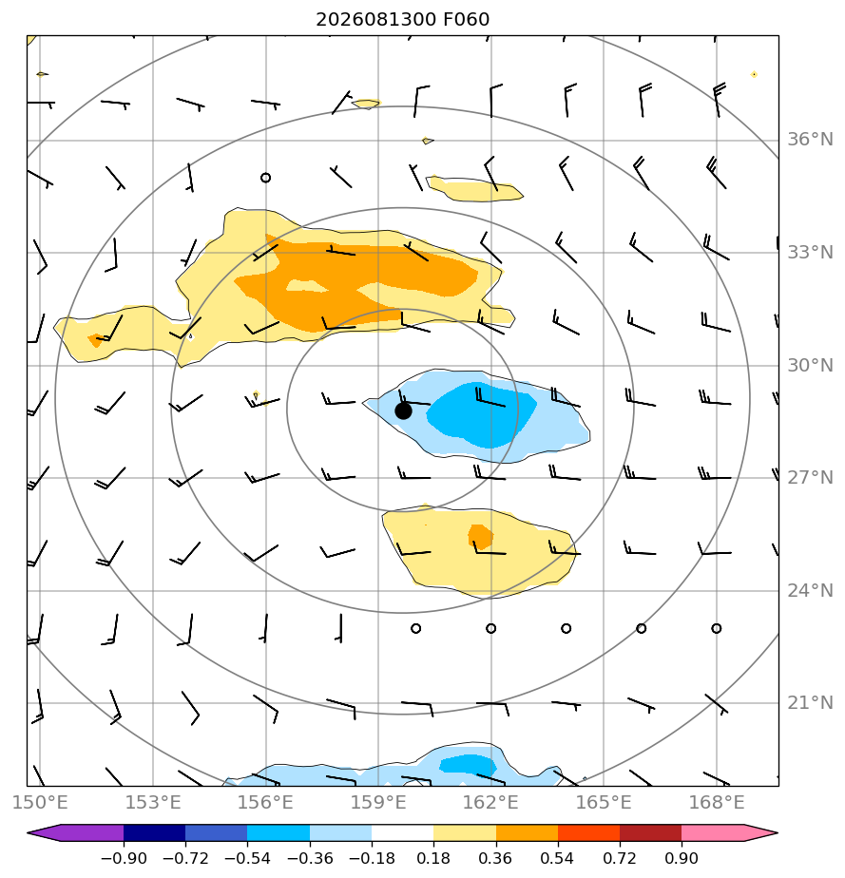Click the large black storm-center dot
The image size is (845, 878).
click(403, 411)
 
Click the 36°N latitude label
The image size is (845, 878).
click(810, 140)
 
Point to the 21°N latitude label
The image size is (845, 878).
click(810, 703)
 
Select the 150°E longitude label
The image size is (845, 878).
click(40, 802)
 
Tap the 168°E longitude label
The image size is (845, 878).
click(716, 802)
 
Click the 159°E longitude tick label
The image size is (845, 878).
click(378, 802)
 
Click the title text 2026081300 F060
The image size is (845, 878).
click(403, 20)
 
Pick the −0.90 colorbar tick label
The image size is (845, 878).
click(124, 858)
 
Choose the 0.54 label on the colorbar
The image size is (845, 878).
click(558, 858)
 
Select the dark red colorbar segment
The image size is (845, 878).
click(651, 833)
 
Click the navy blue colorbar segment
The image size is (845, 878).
click(155, 833)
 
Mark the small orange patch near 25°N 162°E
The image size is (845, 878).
click(480, 537)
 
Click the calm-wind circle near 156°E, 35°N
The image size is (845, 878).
click(266, 178)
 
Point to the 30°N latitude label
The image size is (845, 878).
click(810, 365)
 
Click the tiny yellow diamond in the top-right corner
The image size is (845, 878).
click(755, 74)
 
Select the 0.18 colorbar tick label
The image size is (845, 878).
click(433, 858)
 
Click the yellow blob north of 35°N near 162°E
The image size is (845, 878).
click(474, 189)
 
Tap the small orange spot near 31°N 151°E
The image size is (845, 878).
click(96, 340)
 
